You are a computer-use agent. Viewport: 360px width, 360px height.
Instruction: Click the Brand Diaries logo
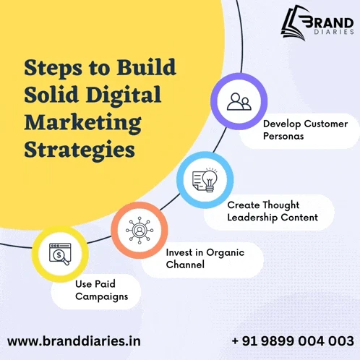[x=317, y=23]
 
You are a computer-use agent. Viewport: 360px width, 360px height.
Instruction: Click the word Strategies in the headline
[x=80, y=150]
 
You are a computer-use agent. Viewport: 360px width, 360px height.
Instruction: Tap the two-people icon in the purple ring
[x=239, y=102]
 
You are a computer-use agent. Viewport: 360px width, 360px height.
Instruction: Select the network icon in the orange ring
[x=140, y=230]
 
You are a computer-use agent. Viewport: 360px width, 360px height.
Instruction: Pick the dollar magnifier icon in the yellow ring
[x=60, y=254]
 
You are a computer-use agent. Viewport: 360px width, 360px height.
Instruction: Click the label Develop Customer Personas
[x=305, y=130]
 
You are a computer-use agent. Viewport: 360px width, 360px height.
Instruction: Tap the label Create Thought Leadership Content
[x=273, y=211]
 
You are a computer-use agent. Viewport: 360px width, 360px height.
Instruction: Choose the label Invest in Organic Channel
[x=205, y=259]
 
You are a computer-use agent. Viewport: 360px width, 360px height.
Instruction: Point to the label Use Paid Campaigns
[x=101, y=291]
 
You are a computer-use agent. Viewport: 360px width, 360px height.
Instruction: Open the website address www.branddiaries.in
[x=74, y=341]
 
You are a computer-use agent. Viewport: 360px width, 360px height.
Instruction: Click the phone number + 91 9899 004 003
[x=293, y=341]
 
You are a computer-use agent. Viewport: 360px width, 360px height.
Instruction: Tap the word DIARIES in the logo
[x=334, y=32]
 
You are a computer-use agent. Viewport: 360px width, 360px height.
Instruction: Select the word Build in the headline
[x=146, y=67]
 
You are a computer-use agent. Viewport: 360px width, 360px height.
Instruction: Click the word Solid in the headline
[x=51, y=94]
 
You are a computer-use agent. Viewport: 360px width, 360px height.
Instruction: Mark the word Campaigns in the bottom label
[x=101, y=296]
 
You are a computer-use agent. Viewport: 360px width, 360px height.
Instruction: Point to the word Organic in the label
[x=226, y=253]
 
